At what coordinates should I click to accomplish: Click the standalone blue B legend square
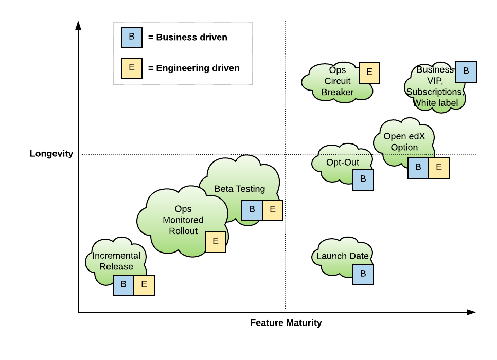click(131, 38)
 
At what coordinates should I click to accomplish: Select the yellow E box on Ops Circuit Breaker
click(369, 73)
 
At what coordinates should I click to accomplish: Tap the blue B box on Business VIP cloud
click(466, 72)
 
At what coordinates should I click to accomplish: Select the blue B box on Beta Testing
click(252, 210)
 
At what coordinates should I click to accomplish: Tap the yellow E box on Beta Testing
click(272, 210)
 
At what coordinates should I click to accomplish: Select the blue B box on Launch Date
click(363, 275)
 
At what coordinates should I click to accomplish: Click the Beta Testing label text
click(240, 189)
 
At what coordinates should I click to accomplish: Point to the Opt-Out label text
click(343, 163)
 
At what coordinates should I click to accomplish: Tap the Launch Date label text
click(343, 256)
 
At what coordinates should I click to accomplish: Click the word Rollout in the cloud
click(183, 231)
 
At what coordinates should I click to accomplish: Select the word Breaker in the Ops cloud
click(338, 93)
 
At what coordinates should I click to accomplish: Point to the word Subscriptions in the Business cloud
click(435, 92)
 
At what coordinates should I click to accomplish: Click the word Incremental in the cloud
click(116, 256)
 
